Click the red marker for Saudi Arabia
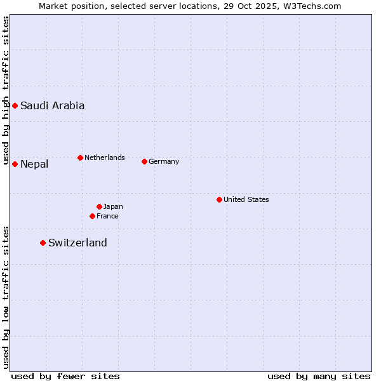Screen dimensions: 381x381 [15, 105]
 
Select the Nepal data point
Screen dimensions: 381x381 [15, 164]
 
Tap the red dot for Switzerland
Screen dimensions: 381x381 [43, 243]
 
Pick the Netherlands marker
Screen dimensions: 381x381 [80, 157]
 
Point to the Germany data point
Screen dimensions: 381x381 [144, 161]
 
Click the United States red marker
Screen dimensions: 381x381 [219, 199]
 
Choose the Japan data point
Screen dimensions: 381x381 [99, 206]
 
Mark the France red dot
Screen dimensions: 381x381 [92, 216]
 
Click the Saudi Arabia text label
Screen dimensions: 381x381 [52, 106]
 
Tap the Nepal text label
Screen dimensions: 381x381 [34, 164]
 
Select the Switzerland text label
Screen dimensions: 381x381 [77, 243]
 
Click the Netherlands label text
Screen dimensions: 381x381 [105, 157]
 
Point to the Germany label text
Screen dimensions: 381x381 [164, 161]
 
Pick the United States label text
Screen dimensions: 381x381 [246, 199]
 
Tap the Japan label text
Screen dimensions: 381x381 [113, 206]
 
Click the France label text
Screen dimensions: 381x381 [107, 216]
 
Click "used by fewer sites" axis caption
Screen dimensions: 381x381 [65, 376]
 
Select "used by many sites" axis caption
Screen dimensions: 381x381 [319, 376]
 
